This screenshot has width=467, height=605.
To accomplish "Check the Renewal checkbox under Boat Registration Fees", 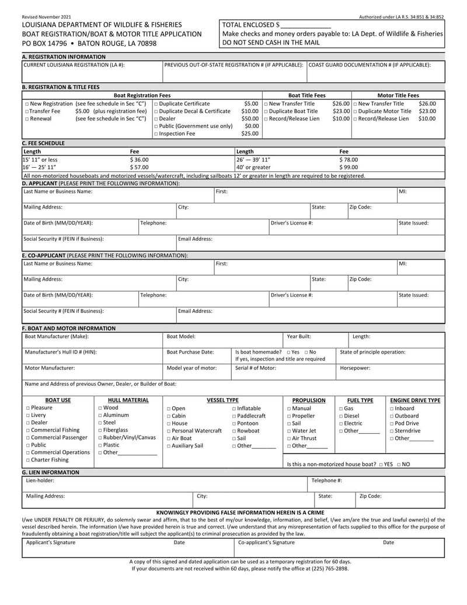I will point(27,119).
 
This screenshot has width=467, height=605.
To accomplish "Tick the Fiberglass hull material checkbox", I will point(100,430).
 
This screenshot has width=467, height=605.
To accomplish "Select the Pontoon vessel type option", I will point(235,423).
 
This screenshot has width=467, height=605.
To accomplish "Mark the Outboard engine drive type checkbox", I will point(392,416).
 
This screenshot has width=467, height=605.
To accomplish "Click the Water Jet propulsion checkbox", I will point(290,431).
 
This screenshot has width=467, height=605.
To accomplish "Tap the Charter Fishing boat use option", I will point(27,460).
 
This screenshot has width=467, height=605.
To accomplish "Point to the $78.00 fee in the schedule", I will point(349,159).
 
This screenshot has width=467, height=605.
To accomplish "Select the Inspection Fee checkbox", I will point(156,134).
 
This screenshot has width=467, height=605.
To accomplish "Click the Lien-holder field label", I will point(40,480).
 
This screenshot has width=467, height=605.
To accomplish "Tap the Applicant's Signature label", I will point(51,542).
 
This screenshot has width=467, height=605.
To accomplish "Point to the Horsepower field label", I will point(356,368).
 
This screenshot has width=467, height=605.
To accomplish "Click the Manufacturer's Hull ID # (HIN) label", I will point(61,352).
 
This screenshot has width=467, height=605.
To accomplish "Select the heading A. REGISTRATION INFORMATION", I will point(64,57).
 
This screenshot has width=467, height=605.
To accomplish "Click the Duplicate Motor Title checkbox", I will point(356,111).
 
